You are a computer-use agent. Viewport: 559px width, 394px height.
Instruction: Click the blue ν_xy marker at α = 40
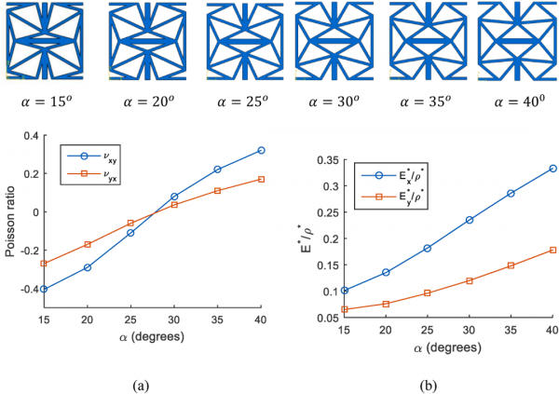click(x=262, y=150)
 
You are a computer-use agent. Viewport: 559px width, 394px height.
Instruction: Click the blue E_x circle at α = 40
click(x=553, y=168)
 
